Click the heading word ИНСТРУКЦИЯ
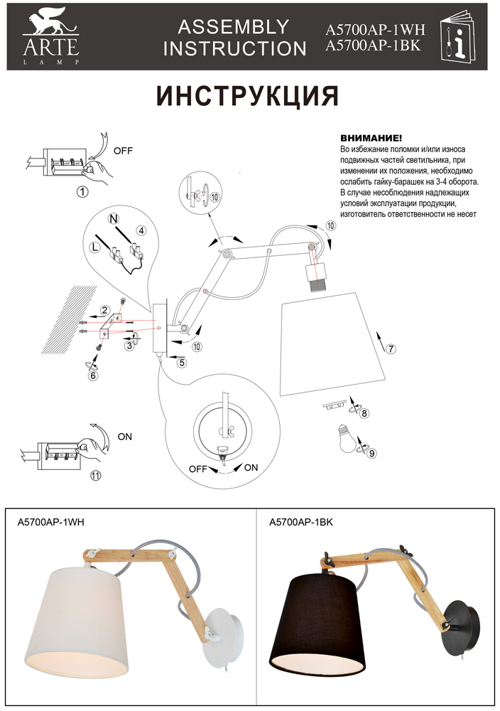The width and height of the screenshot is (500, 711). pos(247,96)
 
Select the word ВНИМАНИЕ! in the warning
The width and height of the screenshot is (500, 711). pos(371,138)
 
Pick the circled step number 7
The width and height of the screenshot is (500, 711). pos(391,348)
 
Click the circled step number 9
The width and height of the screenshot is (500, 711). pos(372,452)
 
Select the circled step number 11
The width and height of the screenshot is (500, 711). pos(97,475)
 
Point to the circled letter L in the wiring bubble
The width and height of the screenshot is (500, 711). pos(95,247)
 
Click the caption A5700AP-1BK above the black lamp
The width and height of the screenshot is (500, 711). pos(302,523)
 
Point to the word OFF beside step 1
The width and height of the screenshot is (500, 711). pos(124,151)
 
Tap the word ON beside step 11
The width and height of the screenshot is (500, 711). pos(125,437)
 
